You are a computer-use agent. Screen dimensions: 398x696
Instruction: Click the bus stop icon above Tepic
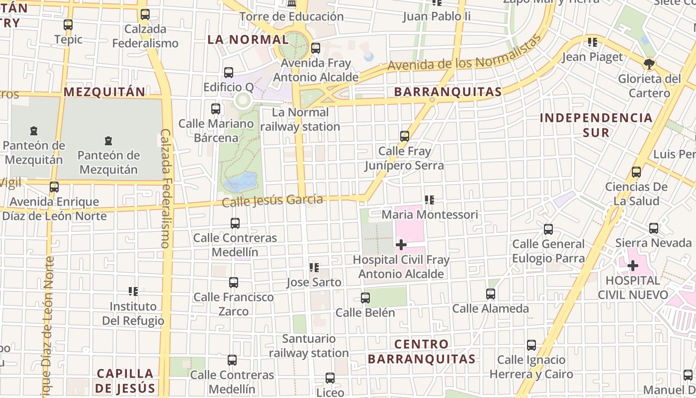pyautogui.click(x=68, y=24)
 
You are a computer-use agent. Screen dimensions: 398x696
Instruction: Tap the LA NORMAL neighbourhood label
pyautogui.click(x=248, y=39)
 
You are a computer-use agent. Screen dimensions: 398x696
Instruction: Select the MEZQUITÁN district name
pyautogui.click(x=104, y=92)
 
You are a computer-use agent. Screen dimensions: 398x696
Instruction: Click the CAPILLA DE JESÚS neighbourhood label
pyautogui.click(x=125, y=381)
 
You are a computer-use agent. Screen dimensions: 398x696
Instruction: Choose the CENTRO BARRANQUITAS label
pyautogui.click(x=422, y=351)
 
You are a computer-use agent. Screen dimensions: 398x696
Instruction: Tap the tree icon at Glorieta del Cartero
pyautogui.click(x=649, y=64)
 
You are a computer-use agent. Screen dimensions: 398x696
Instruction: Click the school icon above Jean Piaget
pyautogui.click(x=592, y=42)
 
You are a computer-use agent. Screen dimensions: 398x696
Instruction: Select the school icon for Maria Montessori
pyautogui.click(x=430, y=200)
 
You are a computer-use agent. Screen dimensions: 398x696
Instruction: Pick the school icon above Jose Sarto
pyautogui.click(x=314, y=268)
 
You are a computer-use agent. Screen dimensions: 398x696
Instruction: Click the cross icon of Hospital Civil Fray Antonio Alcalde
pyautogui.click(x=401, y=244)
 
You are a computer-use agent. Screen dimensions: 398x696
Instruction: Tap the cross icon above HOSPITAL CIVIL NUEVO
pyautogui.click(x=632, y=266)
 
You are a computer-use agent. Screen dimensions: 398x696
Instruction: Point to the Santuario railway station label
pyautogui.click(x=309, y=346)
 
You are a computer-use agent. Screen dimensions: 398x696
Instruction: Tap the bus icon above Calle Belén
pyautogui.click(x=365, y=298)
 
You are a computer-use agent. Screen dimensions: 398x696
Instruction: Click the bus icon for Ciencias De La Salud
pyautogui.click(x=636, y=172)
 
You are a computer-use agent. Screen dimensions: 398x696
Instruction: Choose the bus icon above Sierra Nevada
pyautogui.click(x=654, y=228)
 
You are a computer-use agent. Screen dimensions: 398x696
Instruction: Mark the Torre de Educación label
pyautogui.click(x=291, y=16)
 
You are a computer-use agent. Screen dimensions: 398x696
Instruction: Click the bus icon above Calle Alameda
pyautogui.click(x=491, y=294)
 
